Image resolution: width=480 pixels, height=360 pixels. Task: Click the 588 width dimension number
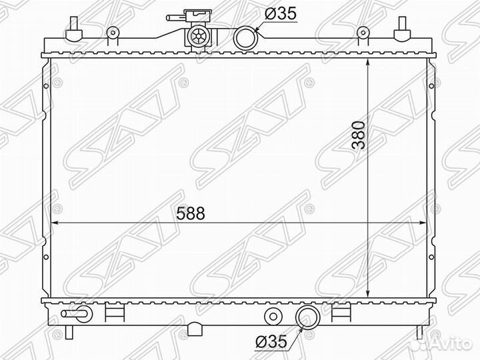(x=191, y=213)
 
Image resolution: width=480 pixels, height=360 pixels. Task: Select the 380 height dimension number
(x=359, y=135)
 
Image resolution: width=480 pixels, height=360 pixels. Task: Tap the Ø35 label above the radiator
(x=281, y=14)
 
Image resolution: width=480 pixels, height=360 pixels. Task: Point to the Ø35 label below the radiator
(x=271, y=341)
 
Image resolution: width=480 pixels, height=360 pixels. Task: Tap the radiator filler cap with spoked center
(x=198, y=37)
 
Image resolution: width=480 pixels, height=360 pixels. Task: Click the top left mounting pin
(x=74, y=29)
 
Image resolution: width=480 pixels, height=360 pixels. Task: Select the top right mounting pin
(x=402, y=29)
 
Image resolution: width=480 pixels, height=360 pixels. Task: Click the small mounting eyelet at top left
(x=113, y=32)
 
